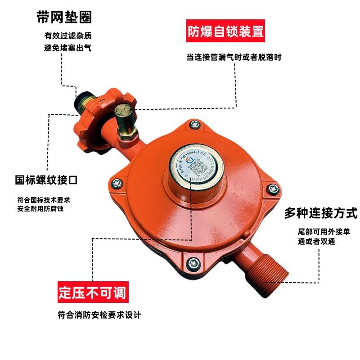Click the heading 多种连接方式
pyautogui.click(x=320, y=213)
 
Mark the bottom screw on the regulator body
pyautogui.click(x=193, y=262)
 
